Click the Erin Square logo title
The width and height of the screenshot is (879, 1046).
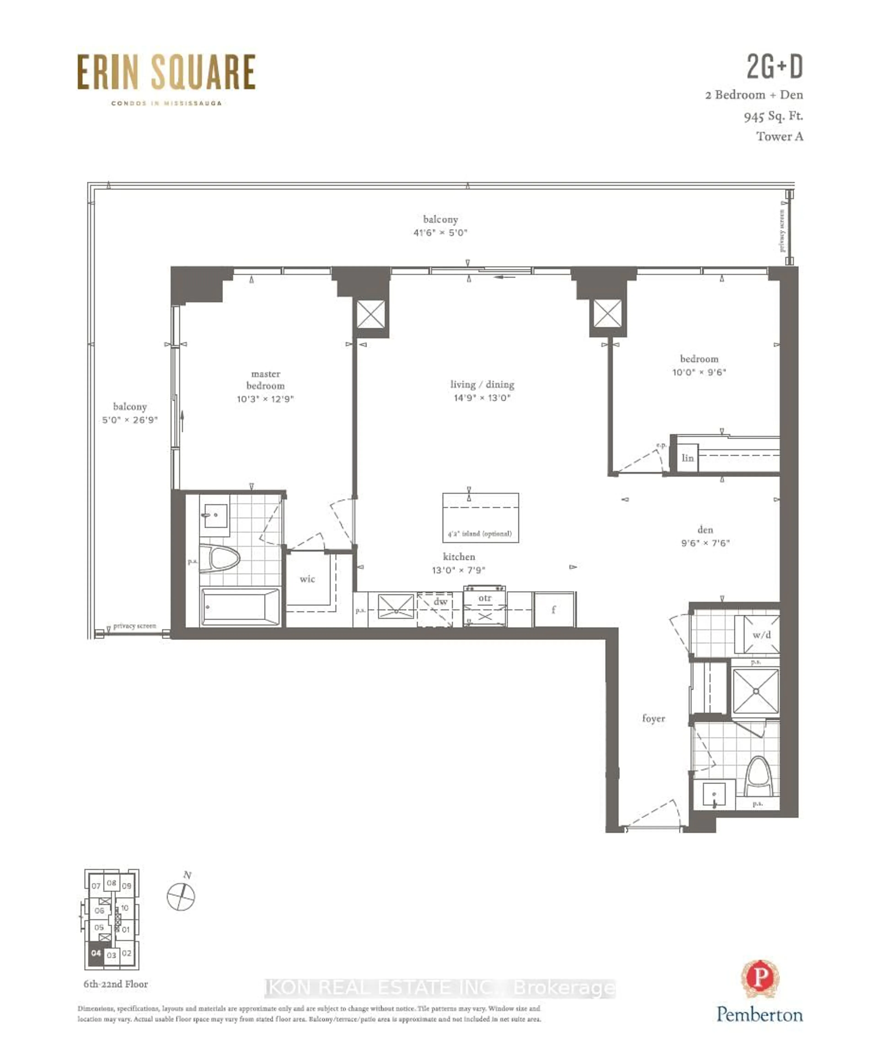166,73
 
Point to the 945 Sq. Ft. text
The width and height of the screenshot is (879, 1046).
773,116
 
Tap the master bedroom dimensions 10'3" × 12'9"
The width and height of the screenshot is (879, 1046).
265,399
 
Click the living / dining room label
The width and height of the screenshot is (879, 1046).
482,384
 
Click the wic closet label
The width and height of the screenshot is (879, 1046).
307,579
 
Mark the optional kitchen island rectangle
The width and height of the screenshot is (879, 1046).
480,517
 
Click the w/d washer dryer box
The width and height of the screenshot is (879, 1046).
761,634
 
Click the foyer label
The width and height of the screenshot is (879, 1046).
653,718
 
